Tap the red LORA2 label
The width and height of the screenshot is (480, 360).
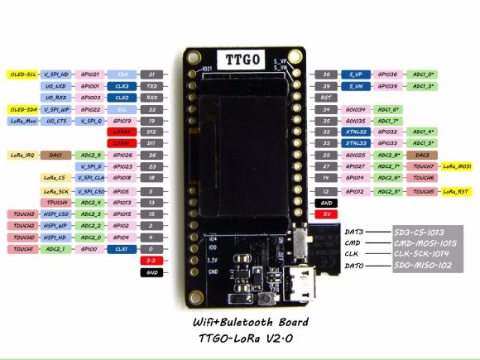pos(120,132)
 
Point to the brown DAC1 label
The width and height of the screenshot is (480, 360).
pos(55,155)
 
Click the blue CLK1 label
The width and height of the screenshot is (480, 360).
pos(121,248)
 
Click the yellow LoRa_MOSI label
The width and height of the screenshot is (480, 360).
pos(458,166)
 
